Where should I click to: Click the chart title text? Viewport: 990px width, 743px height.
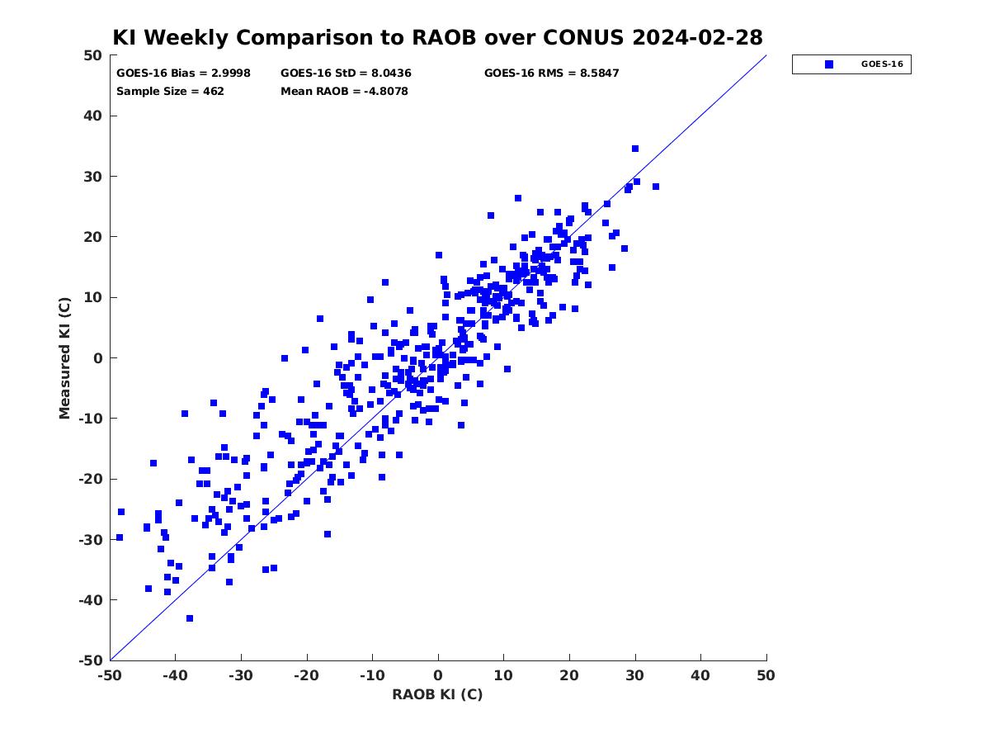(x=437, y=37)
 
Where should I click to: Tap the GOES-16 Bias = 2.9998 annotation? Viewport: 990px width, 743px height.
(x=183, y=73)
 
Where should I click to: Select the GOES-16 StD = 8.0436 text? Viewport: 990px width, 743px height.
(x=346, y=73)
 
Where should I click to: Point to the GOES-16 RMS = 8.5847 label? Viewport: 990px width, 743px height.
(x=551, y=73)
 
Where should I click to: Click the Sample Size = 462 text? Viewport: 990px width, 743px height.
(x=170, y=91)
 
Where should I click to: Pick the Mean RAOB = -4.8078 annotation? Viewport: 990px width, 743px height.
(x=344, y=91)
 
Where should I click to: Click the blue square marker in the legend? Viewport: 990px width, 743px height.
(x=829, y=64)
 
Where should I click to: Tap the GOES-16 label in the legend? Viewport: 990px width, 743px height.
(x=882, y=64)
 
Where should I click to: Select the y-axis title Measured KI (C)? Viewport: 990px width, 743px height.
(x=64, y=357)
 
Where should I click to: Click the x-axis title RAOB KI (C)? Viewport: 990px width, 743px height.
(x=437, y=694)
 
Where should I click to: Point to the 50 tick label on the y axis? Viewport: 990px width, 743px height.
(x=93, y=55)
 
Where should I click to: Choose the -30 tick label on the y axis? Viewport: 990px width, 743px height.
(x=91, y=540)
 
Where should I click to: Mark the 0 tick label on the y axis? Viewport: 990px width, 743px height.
(x=98, y=358)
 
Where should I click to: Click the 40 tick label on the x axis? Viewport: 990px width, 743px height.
(x=700, y=675)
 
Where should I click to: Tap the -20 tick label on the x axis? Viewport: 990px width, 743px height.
(x=307, y=675)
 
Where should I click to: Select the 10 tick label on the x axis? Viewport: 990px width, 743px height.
(x=503, y=675)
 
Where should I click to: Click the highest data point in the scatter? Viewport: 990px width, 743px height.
(x=635, y=149)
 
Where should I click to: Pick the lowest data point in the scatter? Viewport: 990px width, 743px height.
(x=190, y=618)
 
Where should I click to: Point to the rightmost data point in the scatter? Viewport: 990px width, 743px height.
(x=656, y=187)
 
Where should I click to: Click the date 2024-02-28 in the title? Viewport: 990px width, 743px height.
(x=697, y=37)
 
